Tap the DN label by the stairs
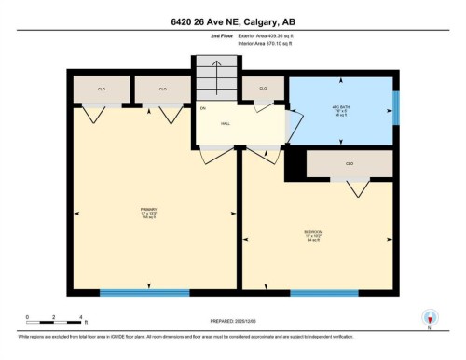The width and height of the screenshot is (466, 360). [x=202, y=109]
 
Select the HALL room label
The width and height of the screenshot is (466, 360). [x=226, y=122]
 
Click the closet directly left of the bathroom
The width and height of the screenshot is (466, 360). [x=263, y=89]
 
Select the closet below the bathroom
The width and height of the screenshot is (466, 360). [x=349, y=163]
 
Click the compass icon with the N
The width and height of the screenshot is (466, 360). [x=430, y=318]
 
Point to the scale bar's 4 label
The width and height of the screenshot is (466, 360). [x=83, y=318]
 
